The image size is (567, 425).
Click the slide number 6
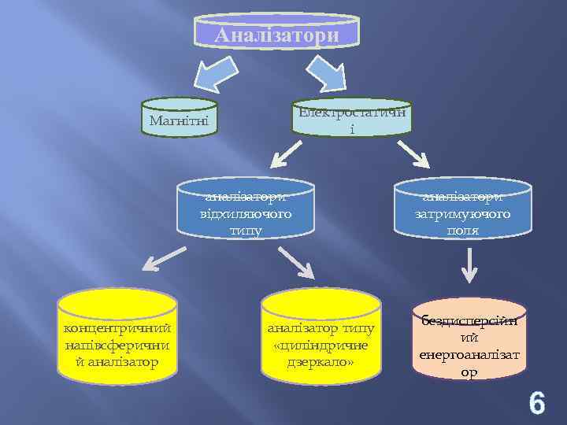536,404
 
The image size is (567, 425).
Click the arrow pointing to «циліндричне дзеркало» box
297,263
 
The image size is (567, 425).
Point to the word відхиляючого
246,213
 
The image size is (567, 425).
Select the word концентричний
118,327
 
